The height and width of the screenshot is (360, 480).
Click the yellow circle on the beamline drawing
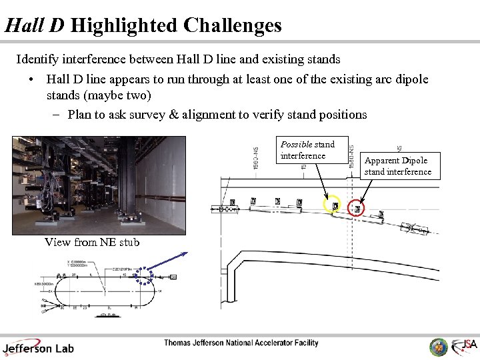click(x=333, y=205)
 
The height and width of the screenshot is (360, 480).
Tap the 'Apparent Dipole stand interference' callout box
click(x=397, y=166)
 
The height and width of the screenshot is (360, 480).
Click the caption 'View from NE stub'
click(x=92, y=242)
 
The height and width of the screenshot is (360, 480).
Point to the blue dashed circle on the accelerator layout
click(x=145, y=276)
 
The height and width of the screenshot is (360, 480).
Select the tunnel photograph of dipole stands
click(x=99, y=185)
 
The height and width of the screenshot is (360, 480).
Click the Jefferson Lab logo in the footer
click(x=39, y=347)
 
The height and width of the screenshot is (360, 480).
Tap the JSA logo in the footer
click(x=465, y=345)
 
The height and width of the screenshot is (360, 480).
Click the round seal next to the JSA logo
click(x=439, y=347)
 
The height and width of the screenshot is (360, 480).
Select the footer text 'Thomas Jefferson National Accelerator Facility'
click(x=241, y=343)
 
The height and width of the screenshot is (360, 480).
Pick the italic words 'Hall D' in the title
click(x=35, y=25)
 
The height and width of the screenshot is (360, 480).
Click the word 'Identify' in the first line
click(x=37, y=59)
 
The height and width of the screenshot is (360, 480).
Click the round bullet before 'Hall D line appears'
click(x=32, y=79)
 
